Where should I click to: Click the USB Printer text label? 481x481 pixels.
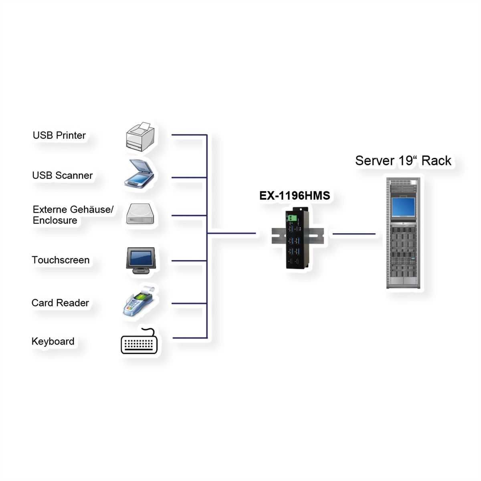(x=59, y=135)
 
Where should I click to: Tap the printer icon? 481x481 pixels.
(x=140, y=137)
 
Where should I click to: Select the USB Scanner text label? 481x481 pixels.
(x=62, y=176)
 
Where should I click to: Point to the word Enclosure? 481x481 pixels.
(x=55, y=220)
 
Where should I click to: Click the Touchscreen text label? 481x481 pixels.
(x=61, y=260)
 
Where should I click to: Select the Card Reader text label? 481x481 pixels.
(x=60, y=303)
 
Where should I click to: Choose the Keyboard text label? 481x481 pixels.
(x=53, y=342)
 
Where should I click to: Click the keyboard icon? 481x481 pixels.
(x=139, y=343)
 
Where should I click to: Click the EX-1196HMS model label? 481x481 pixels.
(x=295, y=196)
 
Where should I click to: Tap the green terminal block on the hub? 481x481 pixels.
(x=292, y=218)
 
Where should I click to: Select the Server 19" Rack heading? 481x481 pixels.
(x=403, y=161)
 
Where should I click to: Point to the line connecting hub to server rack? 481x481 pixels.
(x=354, y=234)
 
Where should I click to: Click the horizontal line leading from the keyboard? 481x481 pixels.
(x=190, y=338)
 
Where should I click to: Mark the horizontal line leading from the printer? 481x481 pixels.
(x=189, y=135)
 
